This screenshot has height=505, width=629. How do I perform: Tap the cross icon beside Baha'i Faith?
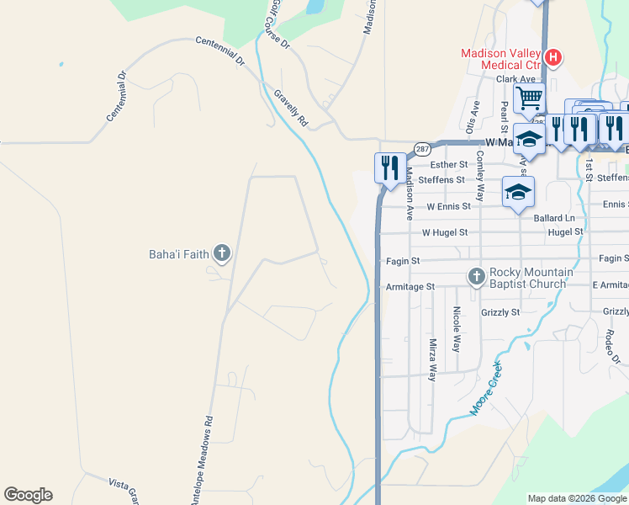click(221, 252)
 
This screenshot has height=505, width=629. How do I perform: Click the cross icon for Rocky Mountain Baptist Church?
click(476, 277)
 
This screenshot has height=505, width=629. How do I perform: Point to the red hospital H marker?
click(553, 57)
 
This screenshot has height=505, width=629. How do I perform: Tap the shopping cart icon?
click(529, 98)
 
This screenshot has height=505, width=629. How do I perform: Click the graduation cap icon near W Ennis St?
click(518, 193)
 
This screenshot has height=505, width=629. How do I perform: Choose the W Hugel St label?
click(447, 232)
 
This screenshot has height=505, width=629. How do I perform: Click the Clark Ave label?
click(515, 79)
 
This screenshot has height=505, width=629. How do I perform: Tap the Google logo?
click(28, 495)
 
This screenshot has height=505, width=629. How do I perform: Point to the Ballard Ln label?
click(555, 218)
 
